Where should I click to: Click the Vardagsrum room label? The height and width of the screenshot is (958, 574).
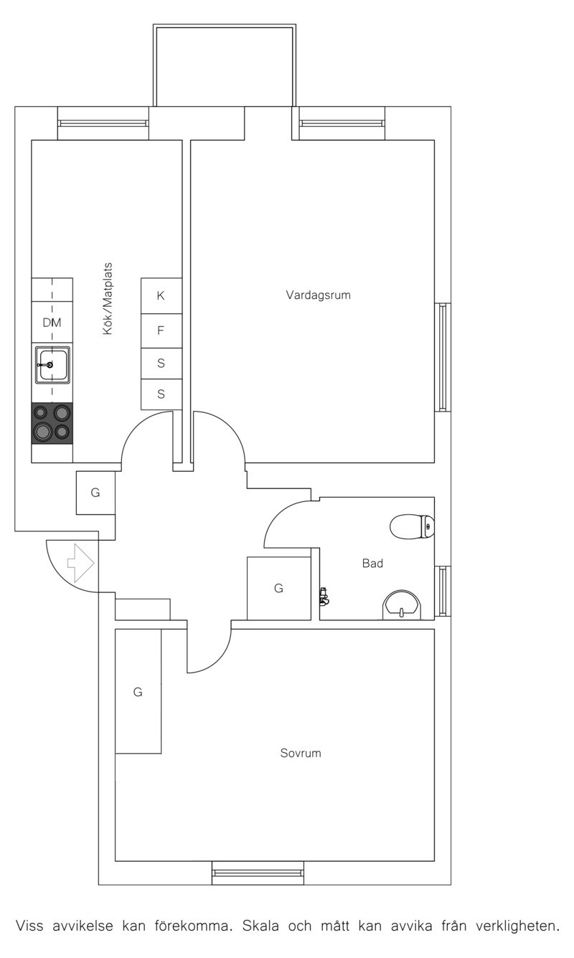318,295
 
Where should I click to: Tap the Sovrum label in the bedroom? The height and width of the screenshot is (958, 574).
301,753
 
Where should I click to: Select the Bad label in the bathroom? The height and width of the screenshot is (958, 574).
372,563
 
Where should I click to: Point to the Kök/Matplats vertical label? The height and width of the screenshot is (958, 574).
108,298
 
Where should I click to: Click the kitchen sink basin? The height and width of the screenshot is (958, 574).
52,364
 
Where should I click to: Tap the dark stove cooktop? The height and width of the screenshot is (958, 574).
52,423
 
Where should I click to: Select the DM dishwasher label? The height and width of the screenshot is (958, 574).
52,323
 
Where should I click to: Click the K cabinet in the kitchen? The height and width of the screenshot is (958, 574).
161,295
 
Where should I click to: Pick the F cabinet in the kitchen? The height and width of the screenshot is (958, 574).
161,331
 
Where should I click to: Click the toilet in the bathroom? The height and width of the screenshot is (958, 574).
412,526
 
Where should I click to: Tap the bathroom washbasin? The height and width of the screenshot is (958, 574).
402,605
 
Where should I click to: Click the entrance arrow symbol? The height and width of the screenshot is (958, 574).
80,563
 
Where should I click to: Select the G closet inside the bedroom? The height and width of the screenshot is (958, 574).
138,691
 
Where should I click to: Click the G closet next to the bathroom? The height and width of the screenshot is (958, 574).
278,589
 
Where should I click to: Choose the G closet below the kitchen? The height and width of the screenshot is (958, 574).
95,493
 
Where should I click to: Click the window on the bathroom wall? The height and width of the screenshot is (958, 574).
443,592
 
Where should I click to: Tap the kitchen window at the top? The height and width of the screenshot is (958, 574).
103,123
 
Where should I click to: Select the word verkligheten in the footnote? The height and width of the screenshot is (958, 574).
518,926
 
